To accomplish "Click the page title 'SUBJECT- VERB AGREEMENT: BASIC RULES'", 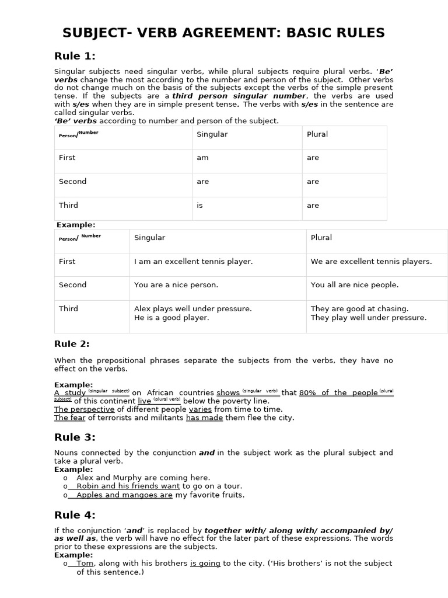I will (x=224, y=33).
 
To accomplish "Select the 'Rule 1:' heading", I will (x=75, y=56).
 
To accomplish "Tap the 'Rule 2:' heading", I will (x=72, y=343).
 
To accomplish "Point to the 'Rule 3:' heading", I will (x=75, y=437).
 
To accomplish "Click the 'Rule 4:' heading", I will (x=75, y=514).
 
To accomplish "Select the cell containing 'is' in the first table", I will (x=199, y=206).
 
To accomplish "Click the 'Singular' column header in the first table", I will (x=212, y=134).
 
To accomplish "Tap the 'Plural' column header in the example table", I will (x=321, y=238).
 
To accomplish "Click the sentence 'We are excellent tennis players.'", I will (x=371, y=262).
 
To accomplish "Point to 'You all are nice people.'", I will (x=354, y=285).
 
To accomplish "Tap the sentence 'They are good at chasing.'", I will (x=359, y=308).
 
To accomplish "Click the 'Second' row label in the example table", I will (x=72, y=285).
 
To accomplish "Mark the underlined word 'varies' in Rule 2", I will (x=200, y=409).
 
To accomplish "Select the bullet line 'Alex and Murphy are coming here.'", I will (x=143, y=477).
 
